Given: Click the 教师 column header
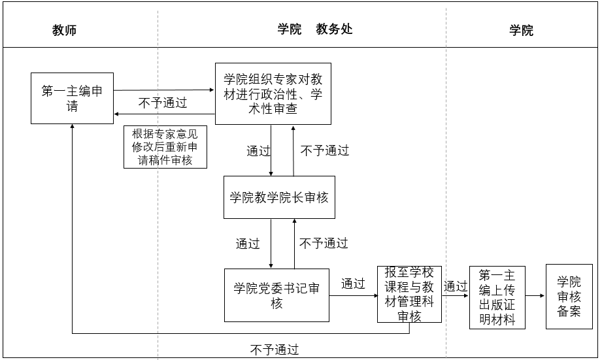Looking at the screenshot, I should coord(65,30).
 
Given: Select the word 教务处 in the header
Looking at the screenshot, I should coord(334,29).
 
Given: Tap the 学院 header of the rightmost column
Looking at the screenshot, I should coord(521,30).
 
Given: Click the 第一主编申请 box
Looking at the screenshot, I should coord(72,98).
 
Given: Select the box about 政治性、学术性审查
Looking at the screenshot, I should coord(273,94).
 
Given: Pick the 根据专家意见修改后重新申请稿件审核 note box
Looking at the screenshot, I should coord(165,146).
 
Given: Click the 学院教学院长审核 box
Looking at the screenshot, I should coord(279,197).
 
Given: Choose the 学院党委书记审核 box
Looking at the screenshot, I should coord(276,295).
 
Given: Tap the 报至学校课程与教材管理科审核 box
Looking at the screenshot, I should coord(410,294).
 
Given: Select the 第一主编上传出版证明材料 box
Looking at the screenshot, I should coord(497,297).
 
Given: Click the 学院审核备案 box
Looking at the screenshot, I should coord(569,296).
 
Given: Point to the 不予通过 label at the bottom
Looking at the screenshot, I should coord(275,350).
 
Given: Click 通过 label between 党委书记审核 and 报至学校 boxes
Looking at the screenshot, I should coord(353,284).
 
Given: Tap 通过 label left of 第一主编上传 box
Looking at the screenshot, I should coord(456,286).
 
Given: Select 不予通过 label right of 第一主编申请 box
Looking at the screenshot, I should coord(163,103).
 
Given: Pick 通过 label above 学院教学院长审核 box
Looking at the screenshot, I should coord(258,151).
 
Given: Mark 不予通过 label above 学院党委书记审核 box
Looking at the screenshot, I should coord(324,243).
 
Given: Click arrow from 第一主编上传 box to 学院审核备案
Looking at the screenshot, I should coord(535,296).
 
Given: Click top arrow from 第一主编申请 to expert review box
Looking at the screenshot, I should coord(164,90).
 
